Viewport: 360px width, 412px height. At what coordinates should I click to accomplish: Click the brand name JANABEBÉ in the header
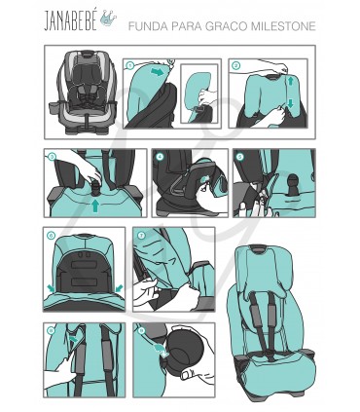click(x=69, y=20)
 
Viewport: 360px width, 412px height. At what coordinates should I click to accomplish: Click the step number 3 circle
click(x=53, y=155)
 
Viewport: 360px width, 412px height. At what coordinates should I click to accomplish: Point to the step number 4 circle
click(x=160, y=156)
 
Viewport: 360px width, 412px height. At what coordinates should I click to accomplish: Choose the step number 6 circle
click(x=52, y=235)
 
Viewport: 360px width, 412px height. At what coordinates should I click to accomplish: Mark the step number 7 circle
click(x=142, y=235)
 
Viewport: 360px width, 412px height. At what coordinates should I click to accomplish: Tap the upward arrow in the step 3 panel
click(x=94, y=206)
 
